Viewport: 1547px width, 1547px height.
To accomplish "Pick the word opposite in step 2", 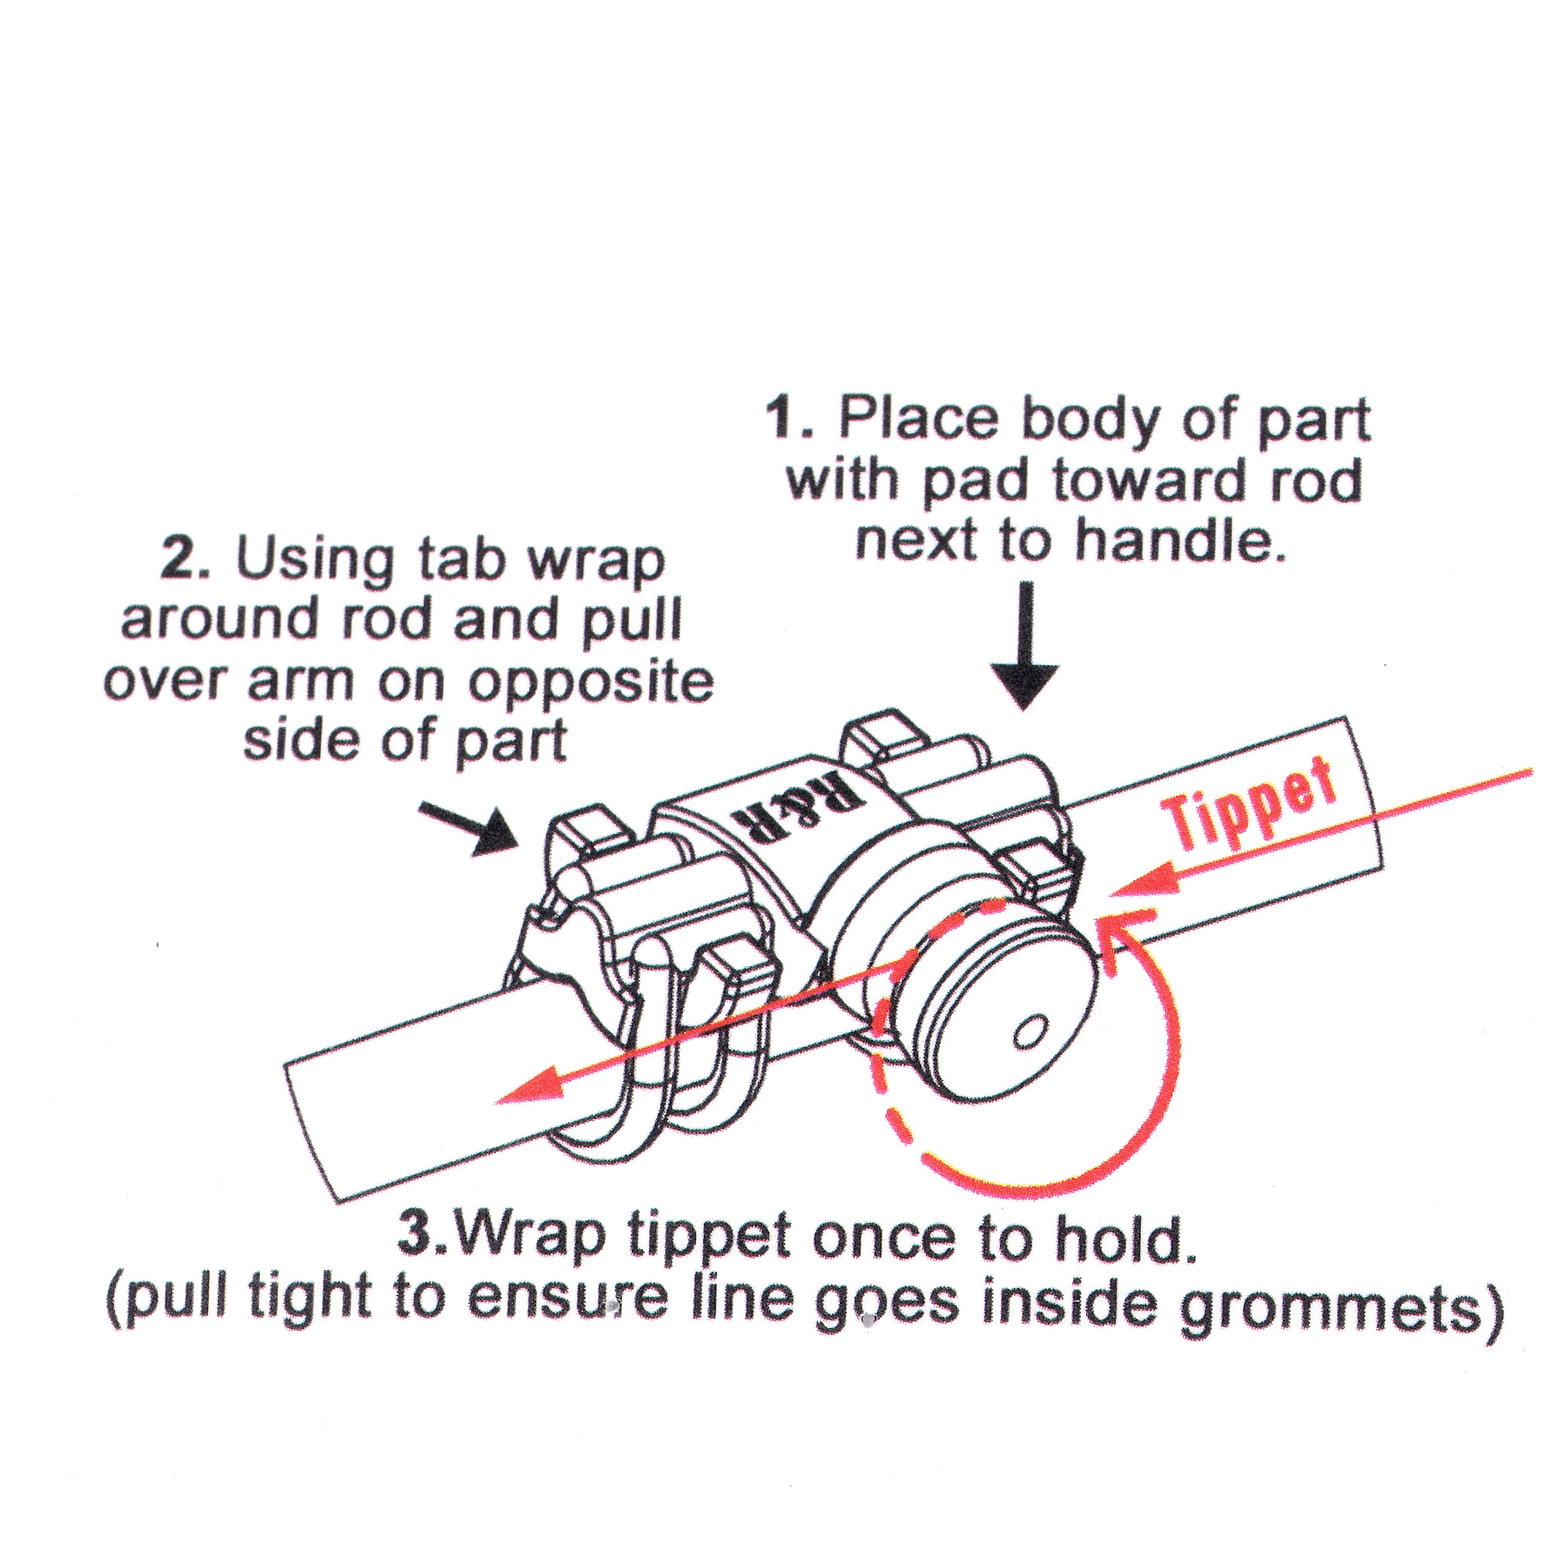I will [x=590, y=682].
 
